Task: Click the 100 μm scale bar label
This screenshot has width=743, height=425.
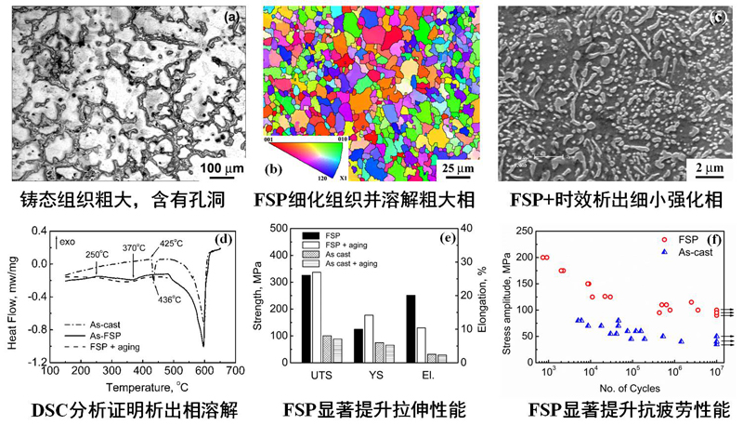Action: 209,167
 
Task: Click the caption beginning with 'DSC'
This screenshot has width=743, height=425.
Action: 124,411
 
